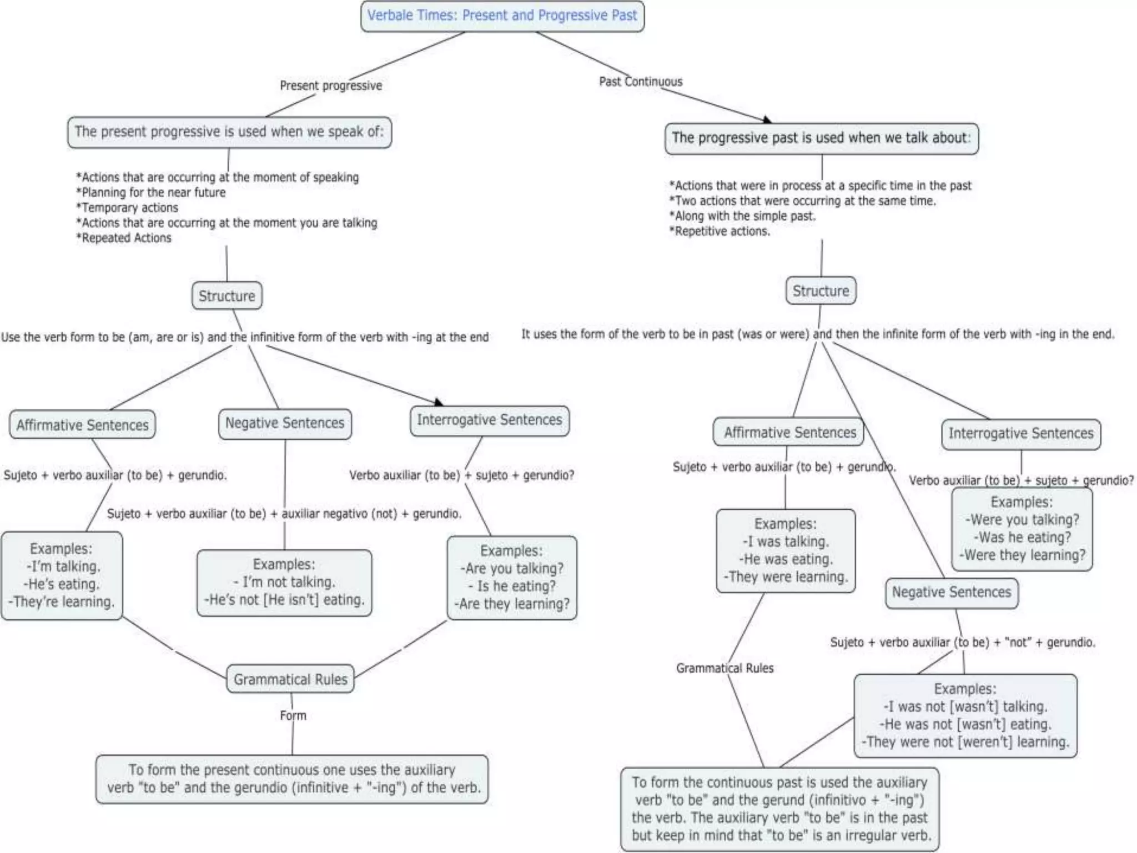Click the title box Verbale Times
click(x=502, y=16)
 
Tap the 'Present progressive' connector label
click(x=331, y=86)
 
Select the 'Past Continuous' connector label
click(x=640, y=82)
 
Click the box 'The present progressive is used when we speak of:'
click(x=229, y=132)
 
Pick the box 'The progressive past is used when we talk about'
click(x=821, y=138)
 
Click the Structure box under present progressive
click(x=227, y=296)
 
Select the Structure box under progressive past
click(x=821, y=291)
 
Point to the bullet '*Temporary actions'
click(x=127, y=208)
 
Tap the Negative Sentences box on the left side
click(x=285, y=424)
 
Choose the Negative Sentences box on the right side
click(x=952, y=593)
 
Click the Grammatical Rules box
click(x=290, y=679)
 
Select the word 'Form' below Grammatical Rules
click(x=293, y=716)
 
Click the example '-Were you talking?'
click(x=1023, y=520)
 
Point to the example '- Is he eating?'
click(x=511, y=586)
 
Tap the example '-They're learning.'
click(x=61, y=602)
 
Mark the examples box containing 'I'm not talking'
click(x=284, y=583)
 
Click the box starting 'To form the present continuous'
click(x=292, y=779)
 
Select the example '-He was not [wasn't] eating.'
click(x=965, y=725)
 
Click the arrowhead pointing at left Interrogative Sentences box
click(x=439, y=402)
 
